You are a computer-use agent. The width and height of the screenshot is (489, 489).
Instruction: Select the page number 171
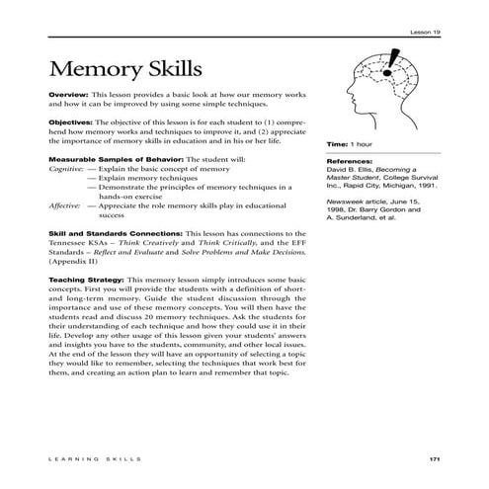point(434,459)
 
